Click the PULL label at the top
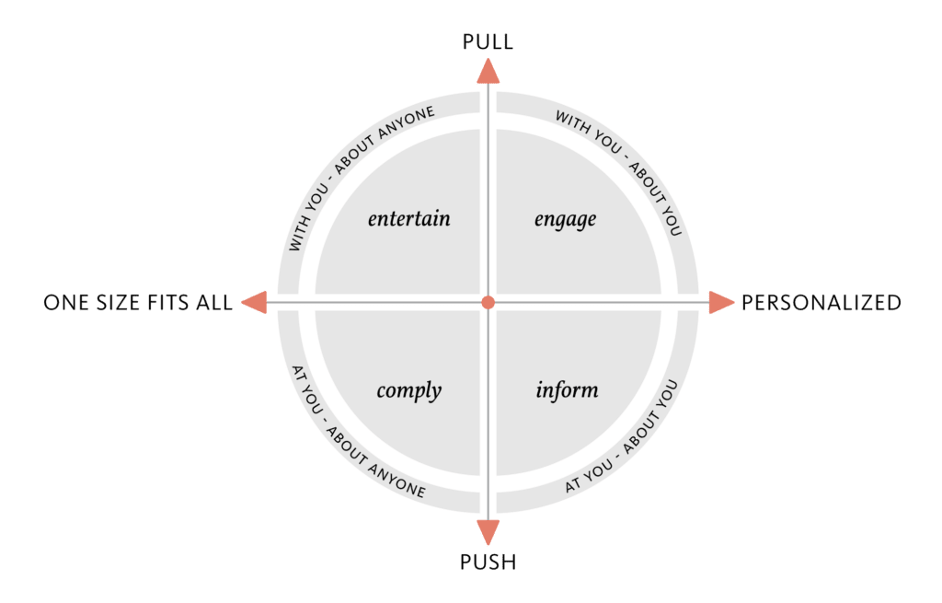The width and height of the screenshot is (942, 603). (488, 41)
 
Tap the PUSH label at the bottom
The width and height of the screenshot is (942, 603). (488, 562)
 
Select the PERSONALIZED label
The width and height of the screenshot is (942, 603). (821, 302)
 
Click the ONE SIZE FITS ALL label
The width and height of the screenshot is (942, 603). (138, 302)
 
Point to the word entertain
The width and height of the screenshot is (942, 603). (409, 218)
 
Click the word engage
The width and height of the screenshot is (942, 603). (566, 220)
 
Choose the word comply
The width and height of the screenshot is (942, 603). (409, 390)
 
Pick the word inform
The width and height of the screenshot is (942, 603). (567, 389)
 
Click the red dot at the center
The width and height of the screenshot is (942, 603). (488, 302)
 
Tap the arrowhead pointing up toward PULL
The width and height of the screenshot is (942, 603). (488, 72)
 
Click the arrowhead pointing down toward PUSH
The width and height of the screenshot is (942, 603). (488, 532)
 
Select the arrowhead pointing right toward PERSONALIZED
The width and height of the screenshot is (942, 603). (720, 302)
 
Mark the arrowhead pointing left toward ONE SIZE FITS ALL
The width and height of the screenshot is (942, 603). (255, 302)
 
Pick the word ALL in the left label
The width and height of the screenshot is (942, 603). (214, 302)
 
